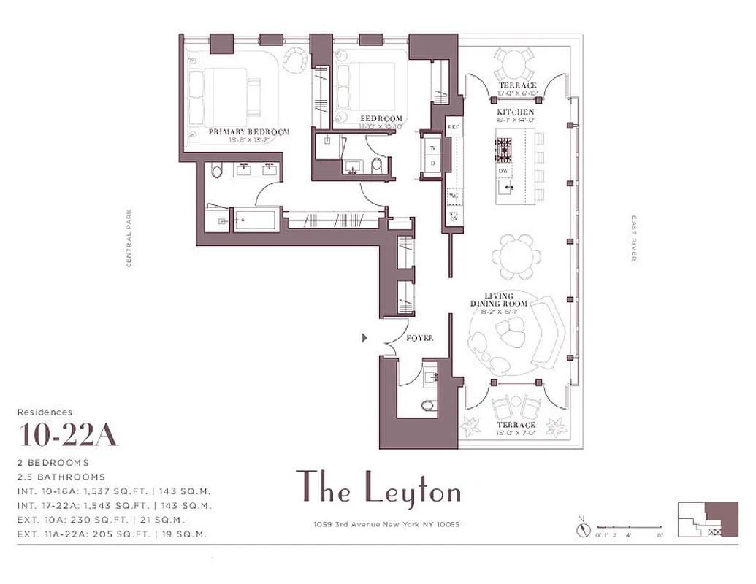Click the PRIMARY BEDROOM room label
249,132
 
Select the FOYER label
420,338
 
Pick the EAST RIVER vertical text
633,238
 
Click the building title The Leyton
378,488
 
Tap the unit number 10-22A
69,435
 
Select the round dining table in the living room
516,255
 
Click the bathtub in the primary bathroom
255,220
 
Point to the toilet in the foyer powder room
427,405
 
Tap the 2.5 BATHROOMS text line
61,477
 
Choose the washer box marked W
432,147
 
